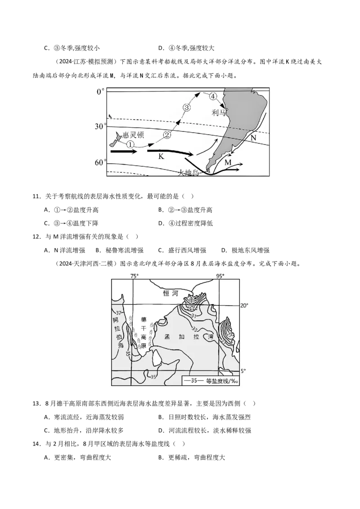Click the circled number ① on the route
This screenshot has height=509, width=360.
[130, 144]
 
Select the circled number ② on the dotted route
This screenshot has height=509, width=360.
[167, 134]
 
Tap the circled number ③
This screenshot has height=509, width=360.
[187, 107]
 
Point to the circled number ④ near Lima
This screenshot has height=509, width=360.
[213, 96]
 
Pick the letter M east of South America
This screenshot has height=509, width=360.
[228, 161]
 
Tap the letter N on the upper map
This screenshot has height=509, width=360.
[253, 138]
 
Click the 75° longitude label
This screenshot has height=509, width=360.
[135, 276]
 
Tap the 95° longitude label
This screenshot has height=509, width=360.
[220, 276]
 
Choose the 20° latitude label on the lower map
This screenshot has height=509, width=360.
[243, 305]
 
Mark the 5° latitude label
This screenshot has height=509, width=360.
[243, 371]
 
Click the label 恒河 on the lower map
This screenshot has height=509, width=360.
[171, 293]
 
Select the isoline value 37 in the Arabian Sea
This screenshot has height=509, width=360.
[119, 313]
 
